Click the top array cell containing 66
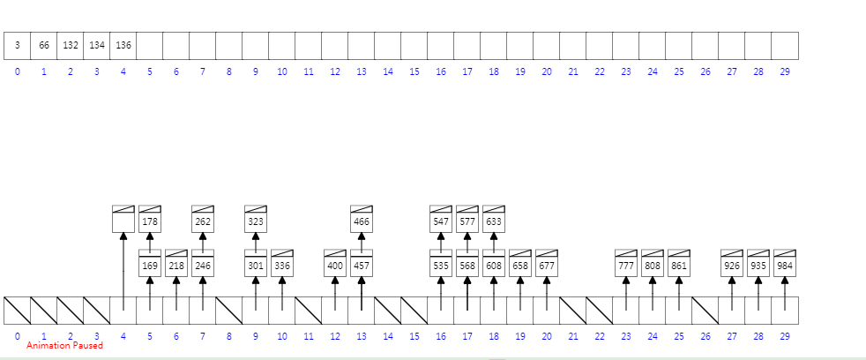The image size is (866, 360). pos(44,45)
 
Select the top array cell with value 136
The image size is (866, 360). pos(123,45)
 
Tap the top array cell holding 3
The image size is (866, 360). pos(18,45)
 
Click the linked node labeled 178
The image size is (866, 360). pos(150,221)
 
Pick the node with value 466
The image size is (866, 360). pos(362,221)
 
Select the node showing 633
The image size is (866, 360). pos(494,221)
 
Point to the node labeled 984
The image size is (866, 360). pos(785,265)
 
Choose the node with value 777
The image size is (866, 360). pos(626,265)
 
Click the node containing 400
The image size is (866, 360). pos(335,265)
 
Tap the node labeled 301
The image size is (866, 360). pos(256,265)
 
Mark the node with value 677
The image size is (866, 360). pos(547,265)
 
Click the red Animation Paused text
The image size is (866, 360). pos(64,346)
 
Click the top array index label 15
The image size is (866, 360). pos(414,71)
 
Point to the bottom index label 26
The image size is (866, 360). pos(705,336)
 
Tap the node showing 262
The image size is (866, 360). pos(203,221)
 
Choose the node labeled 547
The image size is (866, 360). pos(441,221)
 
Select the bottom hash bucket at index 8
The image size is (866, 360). pos(229,310)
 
